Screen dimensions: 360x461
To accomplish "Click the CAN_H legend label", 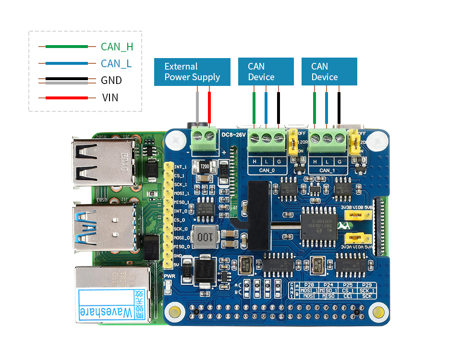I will [x=117, y=47].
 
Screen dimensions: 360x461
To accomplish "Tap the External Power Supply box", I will [x=192, y=72].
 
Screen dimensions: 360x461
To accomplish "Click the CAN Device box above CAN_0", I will [x=266, y=72].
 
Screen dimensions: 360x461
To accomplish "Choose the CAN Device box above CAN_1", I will [x=329, y=72].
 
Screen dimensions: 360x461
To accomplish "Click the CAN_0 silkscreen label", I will [x=267, y=170].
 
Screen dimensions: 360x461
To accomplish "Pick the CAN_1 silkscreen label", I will [x=327, y=170].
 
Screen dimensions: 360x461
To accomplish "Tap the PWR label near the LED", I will [x=169, y=276].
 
